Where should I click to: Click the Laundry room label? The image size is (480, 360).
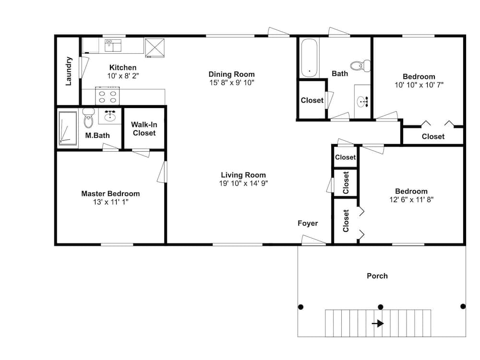pos(69,71)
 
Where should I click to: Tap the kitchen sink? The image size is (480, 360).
pos(113,45)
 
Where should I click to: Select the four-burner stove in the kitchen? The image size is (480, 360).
pos(108,96)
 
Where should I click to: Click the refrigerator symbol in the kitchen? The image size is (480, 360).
pos(155,48)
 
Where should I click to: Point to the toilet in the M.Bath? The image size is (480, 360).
pos(88,118)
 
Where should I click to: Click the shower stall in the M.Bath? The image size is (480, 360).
pos(68,128)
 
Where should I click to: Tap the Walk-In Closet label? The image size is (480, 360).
pos(144,129)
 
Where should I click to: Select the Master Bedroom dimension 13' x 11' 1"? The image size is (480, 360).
pos(110,202)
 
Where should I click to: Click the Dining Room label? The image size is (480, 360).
pos(231,74)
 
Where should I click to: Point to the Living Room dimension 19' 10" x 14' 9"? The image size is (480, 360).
pos(243,183)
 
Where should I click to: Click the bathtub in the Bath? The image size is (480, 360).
pos(310,58)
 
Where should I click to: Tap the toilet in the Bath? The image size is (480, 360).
pos(360,65)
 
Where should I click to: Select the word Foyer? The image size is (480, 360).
pos(308,223)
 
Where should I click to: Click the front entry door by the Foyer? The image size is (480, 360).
pos(313,240)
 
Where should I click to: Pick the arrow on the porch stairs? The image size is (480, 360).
pos(378,323)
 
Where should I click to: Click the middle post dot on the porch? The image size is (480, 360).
pos(381,307)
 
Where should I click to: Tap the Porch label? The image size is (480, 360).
pos(377,276)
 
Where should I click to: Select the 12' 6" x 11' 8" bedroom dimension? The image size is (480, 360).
pos(411,200)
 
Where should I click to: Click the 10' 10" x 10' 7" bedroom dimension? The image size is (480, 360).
pos(419,85)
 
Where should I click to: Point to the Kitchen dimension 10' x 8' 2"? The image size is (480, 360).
pos(123,76)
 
